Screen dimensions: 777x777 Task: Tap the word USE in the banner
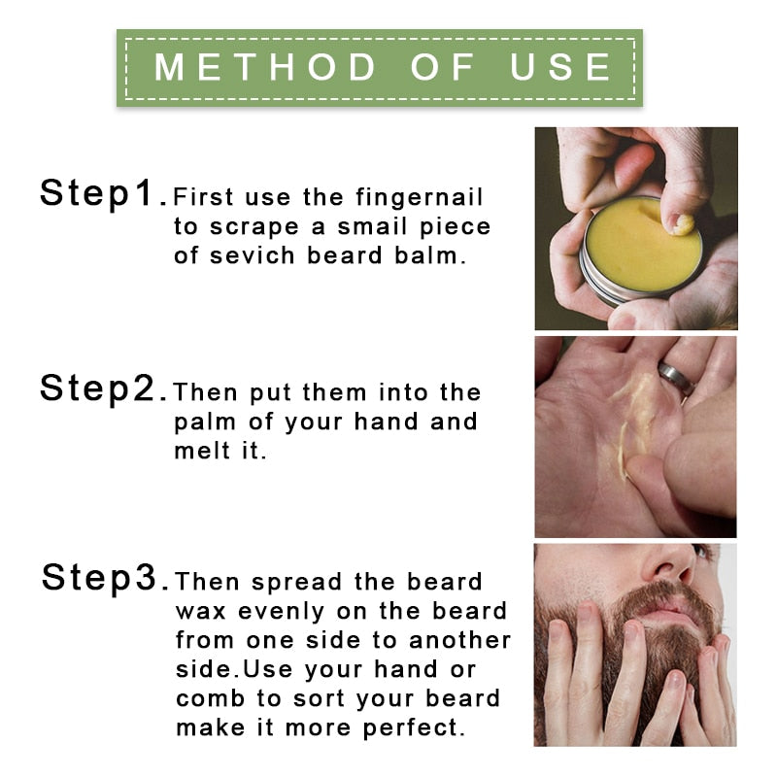pyautogui.click(x=561, y=67)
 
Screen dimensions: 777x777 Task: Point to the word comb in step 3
pyautogui.click(x=207, y=699)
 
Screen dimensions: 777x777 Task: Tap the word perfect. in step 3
pyautogui.click(x=419, y=728)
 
